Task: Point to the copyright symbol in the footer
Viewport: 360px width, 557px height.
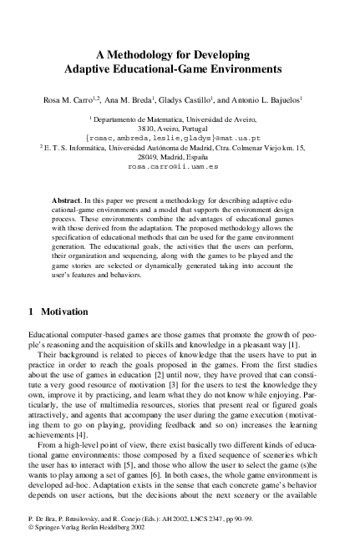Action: (31, 539)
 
